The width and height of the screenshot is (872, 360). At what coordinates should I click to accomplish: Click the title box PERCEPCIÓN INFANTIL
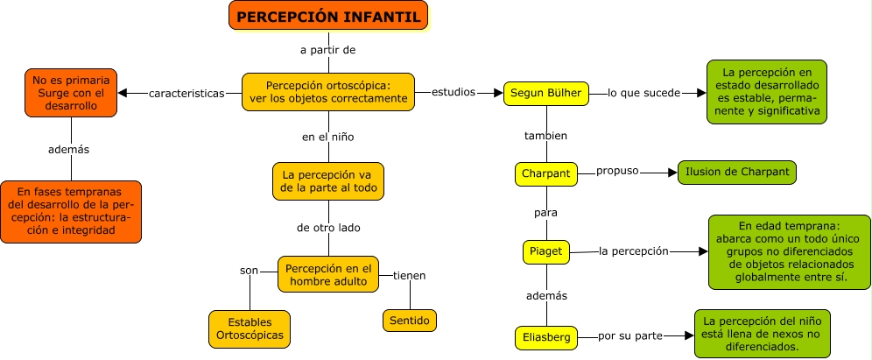click(x=329, y=17)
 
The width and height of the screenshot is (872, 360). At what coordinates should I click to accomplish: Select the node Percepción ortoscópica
click(x=327, y=92)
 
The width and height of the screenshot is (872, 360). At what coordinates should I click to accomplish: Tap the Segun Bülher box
click(x=546, y=92)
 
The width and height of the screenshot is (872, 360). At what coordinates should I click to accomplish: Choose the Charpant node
click(x=546, y=173)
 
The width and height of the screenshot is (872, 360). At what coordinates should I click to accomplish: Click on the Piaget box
click(x=546, y=251)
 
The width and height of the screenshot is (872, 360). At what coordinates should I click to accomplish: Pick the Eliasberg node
click(x=546, y=335)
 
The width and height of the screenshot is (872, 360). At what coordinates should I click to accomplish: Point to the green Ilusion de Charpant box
click(x=736, y=173)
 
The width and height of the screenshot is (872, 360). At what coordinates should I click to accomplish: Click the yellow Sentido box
click(x=409, y=321)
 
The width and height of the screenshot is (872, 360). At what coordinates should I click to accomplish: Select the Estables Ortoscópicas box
click(x=250, y=328)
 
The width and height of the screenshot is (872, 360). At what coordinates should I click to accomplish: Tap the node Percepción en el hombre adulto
click(x=328, y=274)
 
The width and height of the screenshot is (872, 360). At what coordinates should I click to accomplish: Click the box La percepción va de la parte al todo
click(x=328, y=181)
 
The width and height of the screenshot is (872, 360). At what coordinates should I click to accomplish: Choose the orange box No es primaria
click(x=69, y=93)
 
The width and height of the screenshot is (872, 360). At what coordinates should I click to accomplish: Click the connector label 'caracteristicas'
click(x=186, y=93)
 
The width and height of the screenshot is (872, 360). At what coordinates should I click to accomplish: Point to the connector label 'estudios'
click(x=454, y=91)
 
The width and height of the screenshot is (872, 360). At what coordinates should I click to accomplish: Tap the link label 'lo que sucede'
click(x=643, y=92)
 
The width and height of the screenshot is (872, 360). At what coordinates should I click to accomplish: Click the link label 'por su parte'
click(x=630, y=335)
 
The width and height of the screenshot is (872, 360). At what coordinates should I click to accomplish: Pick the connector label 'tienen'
click(x=409, y=275)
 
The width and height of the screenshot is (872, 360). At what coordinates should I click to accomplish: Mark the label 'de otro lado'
click(x=328, y=228)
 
